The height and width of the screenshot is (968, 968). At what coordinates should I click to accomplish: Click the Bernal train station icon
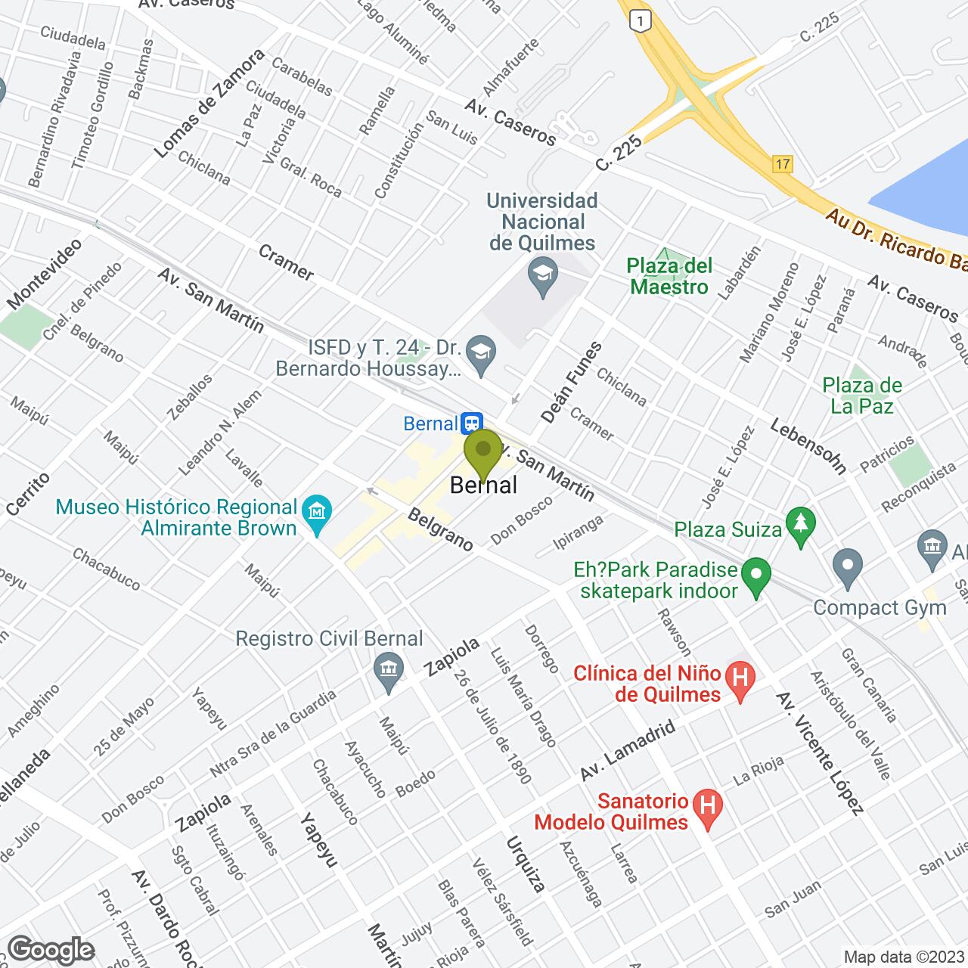473,421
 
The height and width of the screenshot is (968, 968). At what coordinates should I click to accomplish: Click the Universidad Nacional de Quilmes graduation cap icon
542,269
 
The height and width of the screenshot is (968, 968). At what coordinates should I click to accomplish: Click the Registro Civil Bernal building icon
389,669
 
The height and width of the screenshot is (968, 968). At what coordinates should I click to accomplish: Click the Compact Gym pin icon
847,563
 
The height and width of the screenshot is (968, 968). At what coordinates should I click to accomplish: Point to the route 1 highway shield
641,23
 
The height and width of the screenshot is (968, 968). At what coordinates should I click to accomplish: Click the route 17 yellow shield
782,163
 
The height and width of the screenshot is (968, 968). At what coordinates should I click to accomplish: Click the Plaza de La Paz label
862,396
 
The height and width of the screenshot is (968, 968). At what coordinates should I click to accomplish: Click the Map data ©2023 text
904,957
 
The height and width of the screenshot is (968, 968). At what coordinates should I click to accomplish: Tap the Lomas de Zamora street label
209,104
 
